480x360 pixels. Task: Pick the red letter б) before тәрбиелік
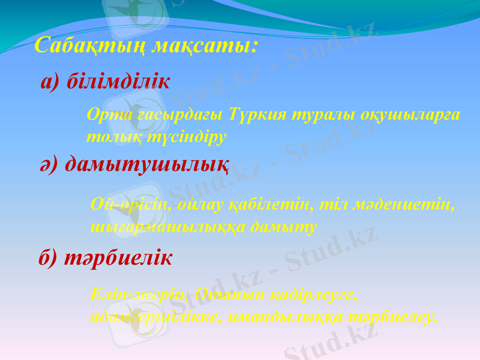[x=48, y=259]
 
